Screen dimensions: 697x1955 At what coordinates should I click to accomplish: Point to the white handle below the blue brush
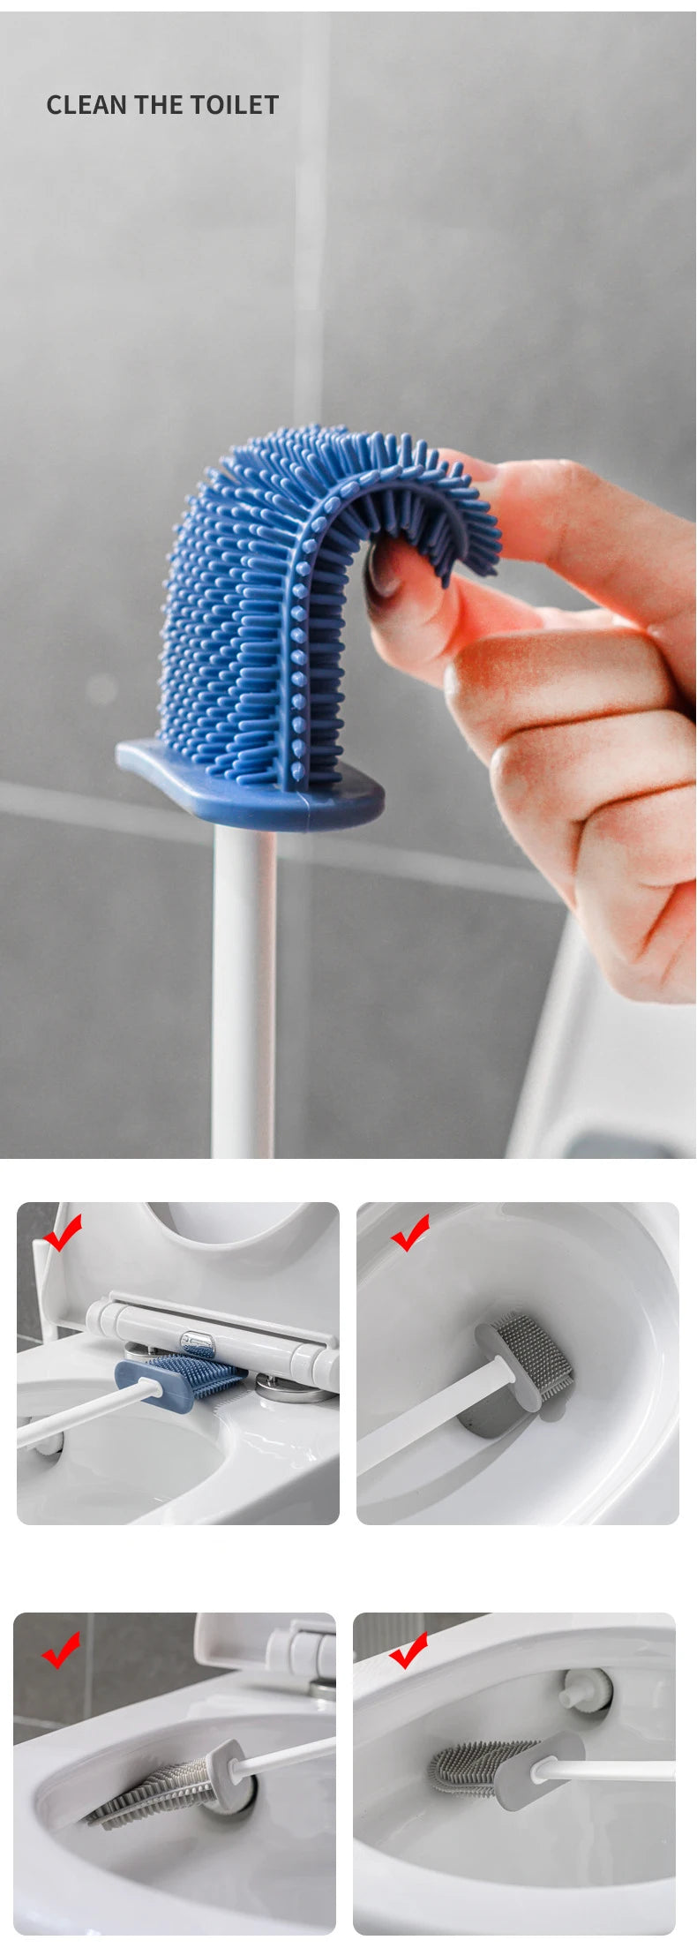244,993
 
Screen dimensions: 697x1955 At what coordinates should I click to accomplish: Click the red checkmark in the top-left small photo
63,1232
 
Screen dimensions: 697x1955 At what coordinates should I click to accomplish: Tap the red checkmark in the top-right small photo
410,1232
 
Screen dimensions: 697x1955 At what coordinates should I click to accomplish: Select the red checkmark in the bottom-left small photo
61,1650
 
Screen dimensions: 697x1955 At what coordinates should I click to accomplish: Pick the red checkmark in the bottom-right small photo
408,1650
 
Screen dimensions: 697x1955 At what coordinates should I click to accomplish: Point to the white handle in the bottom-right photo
609,1770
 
